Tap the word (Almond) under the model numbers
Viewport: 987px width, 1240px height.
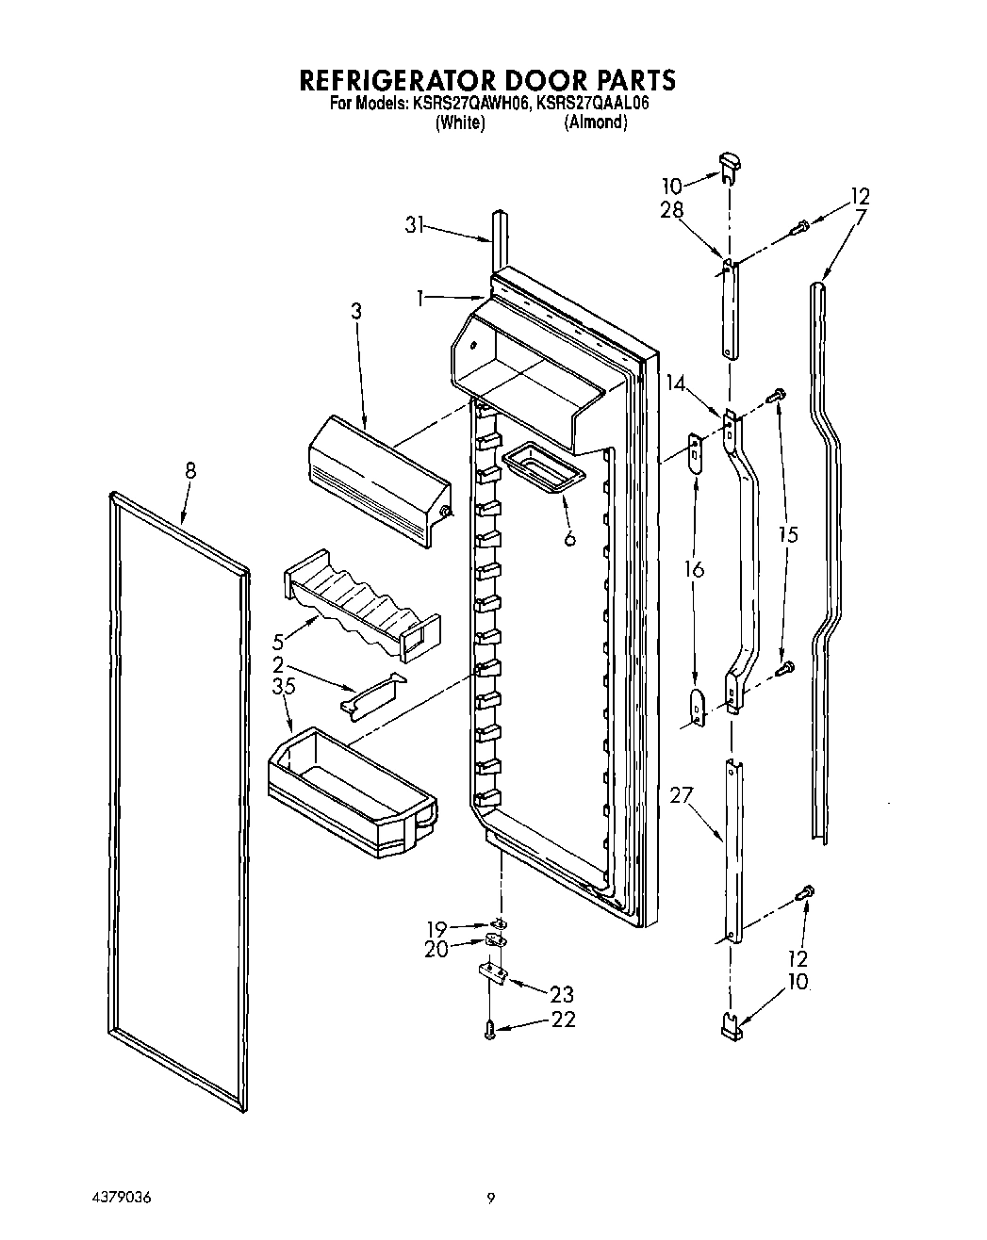tap(595, 122)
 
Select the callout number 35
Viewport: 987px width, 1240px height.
tap(284, 687)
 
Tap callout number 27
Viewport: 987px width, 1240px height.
tap(682, 795)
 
